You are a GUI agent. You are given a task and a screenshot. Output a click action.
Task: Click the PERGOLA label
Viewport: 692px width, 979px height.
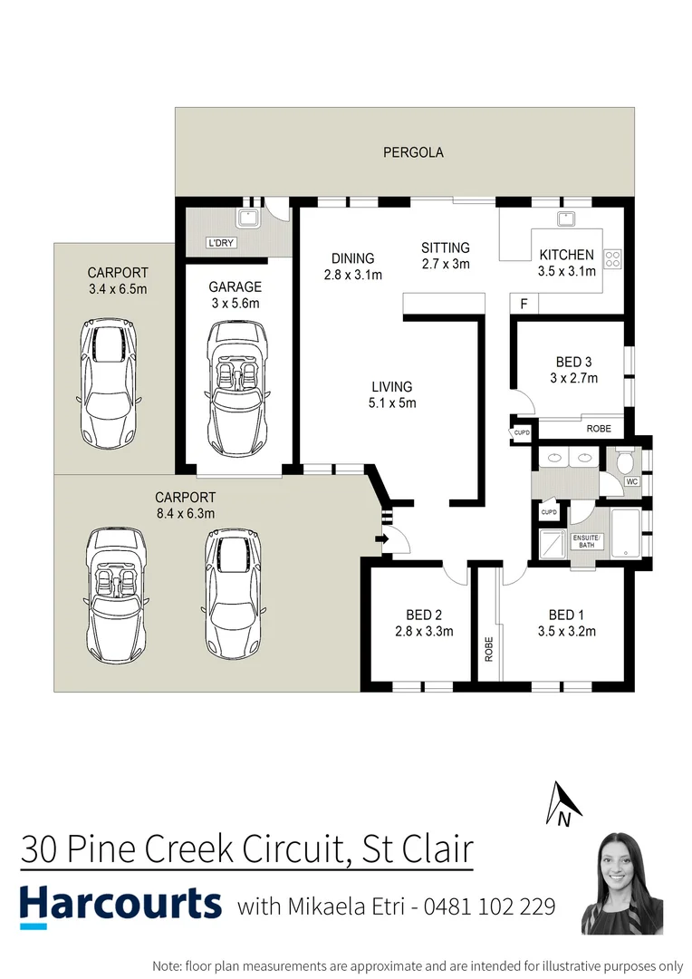coord(413,152)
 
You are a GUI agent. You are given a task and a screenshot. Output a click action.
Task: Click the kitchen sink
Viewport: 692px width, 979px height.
coord(567,218)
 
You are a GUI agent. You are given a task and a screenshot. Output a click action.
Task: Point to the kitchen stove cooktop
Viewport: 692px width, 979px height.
coord(612,260)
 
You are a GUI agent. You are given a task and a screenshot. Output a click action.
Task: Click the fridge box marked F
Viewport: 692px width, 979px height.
coord(522,305)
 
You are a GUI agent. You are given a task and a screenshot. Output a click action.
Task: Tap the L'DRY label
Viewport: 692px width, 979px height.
coord(221,244)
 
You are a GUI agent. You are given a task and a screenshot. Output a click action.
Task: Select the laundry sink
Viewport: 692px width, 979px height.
coord(246,218)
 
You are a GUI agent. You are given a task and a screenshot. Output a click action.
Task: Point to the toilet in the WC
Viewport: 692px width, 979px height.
coord(622,462)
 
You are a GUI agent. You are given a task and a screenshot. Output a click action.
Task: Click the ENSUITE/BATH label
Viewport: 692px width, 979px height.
coord(587,541)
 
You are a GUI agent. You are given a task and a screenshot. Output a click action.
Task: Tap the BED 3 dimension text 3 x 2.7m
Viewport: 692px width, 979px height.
coord(573,378)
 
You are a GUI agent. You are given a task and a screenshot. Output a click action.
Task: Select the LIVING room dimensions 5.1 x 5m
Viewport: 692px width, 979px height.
coord(391,402)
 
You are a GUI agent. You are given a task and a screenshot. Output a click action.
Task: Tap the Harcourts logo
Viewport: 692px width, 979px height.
coord(120,904)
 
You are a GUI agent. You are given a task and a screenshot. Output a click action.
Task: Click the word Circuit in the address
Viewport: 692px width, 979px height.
coord(283,849)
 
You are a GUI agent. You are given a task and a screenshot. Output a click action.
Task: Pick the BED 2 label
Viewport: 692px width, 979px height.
coord(424,616)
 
